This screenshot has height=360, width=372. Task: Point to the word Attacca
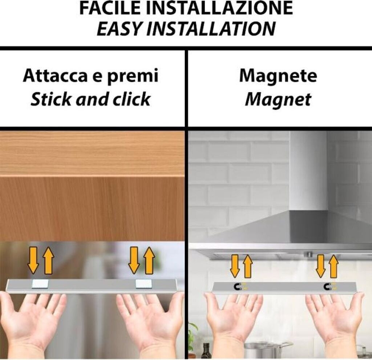tap(55, 75)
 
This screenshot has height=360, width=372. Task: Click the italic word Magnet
tap(278, 99)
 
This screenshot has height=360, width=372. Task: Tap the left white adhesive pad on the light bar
tap(40, 284)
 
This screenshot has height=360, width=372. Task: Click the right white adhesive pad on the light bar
tap(143, 284)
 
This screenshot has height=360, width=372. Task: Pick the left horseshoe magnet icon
tap(238, 287)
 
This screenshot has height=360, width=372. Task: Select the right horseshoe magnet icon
tap(328, 287)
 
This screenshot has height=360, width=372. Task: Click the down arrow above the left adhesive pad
tap(33, 260)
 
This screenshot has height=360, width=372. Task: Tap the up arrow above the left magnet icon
tap(248, 266)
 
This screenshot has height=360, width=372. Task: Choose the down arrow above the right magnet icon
tap(321, 266)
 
